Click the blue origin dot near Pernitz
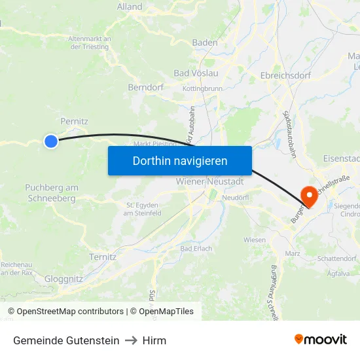point(50,141)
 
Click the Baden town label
point(205,43)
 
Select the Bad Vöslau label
point(196,73)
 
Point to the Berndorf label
point(145,86)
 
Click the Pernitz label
point(74,121)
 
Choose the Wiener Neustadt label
point(209,181)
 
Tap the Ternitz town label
point(103,257)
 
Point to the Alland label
point(129,7)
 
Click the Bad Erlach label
point(196,249)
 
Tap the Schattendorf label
point(337,259)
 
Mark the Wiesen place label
point(255,240)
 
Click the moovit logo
point(321,339)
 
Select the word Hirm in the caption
point(155,340)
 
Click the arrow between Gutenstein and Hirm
point(131,340)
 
